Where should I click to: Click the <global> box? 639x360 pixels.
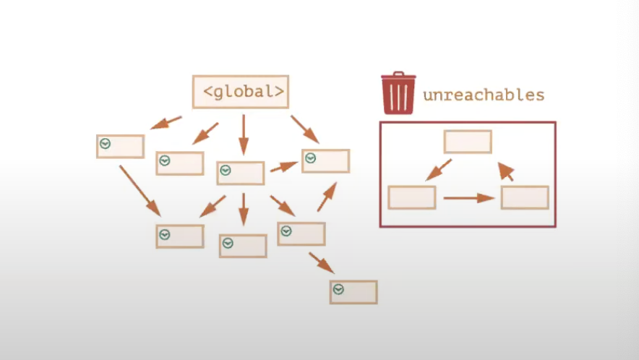[x=241, y=92]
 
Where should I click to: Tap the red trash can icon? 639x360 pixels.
[x=398, y=93]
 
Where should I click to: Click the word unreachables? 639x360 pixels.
[x=483, y=95]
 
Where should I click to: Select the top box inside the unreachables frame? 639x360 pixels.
[x=468, y=142]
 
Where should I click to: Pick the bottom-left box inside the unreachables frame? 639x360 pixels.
[x=412, y=197]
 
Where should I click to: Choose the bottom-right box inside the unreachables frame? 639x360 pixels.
[x=525, y=197]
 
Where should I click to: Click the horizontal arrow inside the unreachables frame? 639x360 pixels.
[x=468, y=197]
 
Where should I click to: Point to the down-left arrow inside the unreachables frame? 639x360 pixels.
[x=439, y=170]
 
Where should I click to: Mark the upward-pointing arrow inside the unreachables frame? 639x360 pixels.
[x=506, y=171]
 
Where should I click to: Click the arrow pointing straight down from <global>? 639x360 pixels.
[x=243, y=134]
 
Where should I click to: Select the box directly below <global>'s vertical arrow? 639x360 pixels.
[x=241, y=173]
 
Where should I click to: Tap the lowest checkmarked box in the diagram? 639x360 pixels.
[x=353, y=292]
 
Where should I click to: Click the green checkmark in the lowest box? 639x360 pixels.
[x=338, y=290]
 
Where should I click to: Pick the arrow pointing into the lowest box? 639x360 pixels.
[x=321, y=262]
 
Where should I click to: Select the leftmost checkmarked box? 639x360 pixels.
[x=120, y=146]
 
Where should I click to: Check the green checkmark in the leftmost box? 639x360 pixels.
[x=106, y=144]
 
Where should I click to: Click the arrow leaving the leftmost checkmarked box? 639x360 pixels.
[x=140, y=189]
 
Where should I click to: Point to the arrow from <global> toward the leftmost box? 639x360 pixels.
[x=166, y=123]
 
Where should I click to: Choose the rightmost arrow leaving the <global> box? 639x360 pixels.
[x=305, y=129]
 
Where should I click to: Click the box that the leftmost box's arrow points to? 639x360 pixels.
[x=180, y=236]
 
